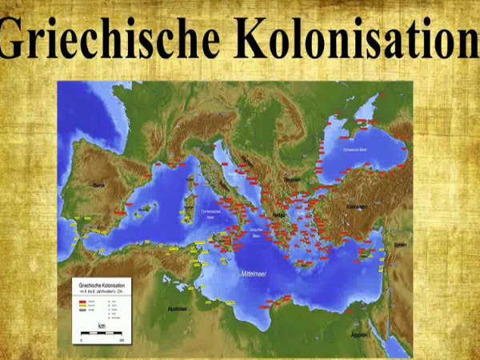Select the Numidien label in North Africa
pos(178,308)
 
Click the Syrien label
pos(400,245)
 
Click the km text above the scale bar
pos(99,326)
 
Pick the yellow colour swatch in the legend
pos(81,302)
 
